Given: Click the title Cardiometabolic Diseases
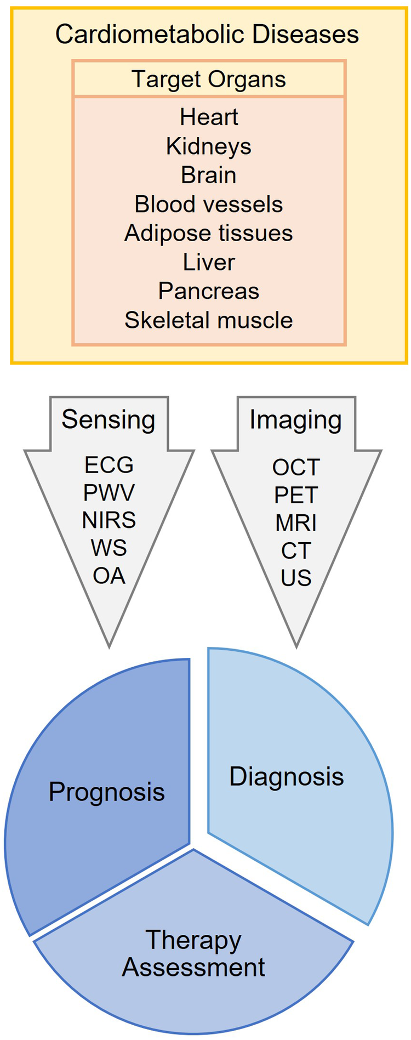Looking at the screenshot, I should (207, 34).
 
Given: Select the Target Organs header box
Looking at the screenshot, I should (209, 79).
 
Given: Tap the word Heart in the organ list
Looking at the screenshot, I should (209, 117).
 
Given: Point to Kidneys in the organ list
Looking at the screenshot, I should (209, 146).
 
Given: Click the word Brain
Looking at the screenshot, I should (209, 175).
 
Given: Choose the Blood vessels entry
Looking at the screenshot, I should (209, 204).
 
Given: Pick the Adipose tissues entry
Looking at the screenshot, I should (209, 233).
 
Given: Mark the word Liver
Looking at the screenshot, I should (209, 262).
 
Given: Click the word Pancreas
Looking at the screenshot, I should (209, 291).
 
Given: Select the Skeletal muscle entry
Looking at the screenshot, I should (209, 320).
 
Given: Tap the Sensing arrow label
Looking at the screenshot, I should (109, 419).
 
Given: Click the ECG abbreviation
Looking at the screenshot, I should (109, 465).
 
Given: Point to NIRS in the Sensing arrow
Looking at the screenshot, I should (109, 520).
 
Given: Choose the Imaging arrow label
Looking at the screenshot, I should (296, 420).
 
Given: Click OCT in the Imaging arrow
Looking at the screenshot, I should (296, 467).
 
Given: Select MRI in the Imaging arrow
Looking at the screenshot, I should (296, 522).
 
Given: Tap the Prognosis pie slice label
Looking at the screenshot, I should (107, 792).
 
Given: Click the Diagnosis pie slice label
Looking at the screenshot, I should (287, 776).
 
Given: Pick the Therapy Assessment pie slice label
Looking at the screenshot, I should (193, 953).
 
